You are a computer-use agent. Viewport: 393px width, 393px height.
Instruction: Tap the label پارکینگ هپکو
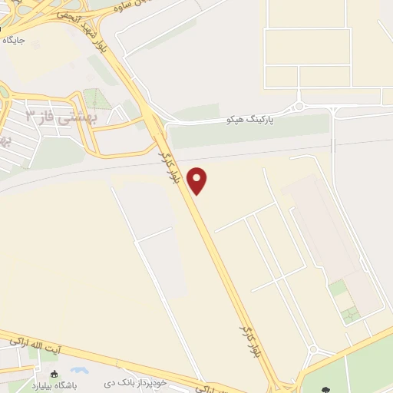coord(250,121)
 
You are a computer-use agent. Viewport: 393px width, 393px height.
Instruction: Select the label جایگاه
coord(13,38)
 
